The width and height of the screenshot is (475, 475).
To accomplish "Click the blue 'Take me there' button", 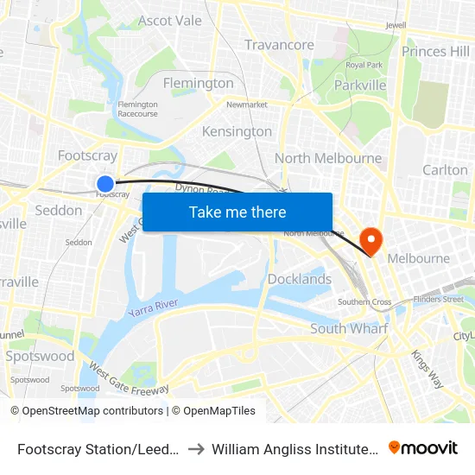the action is (237, 212).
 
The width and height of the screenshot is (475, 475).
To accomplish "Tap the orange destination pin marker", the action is (371, 239).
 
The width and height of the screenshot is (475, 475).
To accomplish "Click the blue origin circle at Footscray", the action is (104, 183).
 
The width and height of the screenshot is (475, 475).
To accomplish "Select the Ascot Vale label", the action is (169, 20).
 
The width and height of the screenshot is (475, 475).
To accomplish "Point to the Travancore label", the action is (279, 45).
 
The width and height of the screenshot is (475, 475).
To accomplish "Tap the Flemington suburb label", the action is (199, 83).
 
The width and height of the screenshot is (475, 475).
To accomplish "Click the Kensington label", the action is (237, 131).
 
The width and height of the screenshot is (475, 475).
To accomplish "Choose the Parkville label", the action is (360, 85).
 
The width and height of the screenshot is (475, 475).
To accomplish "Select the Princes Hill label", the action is (435, 52).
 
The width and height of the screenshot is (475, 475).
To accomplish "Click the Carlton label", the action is (445, 170).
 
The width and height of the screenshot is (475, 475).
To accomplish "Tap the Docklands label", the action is (299, 279).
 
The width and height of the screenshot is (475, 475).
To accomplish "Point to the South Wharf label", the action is (349, 328).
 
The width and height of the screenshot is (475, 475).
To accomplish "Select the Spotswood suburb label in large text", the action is (40, 356).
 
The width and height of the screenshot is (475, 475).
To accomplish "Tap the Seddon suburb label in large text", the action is (59, 210).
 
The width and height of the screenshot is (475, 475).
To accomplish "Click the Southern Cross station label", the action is (364, 302).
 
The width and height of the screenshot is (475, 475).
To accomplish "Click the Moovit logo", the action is (423, 447).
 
